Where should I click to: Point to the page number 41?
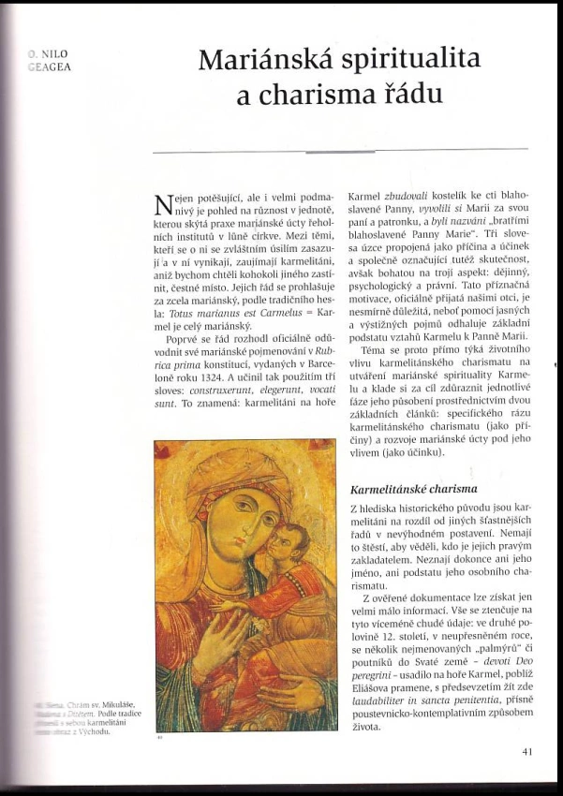pyautogui.click(x=525, y=750)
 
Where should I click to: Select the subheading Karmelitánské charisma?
pyautogui.click(x=413, y=489)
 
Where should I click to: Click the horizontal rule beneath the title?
pyautogui.click(x=339, y=150)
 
